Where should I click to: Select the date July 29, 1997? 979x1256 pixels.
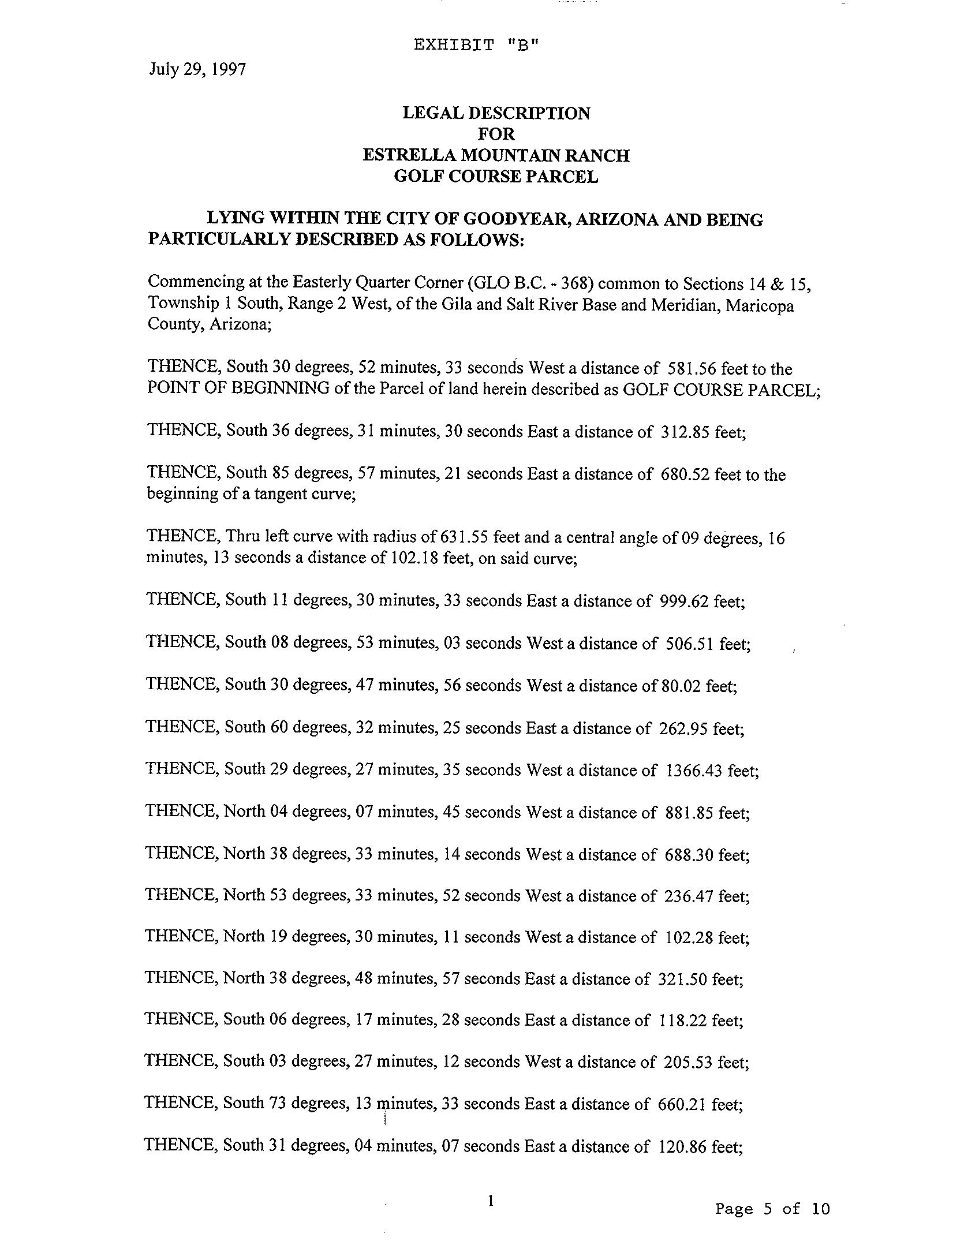[197, 70]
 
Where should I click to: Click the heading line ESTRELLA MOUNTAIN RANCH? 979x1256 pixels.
[496, 155]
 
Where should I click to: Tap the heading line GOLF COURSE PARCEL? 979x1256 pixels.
[496, 176]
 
